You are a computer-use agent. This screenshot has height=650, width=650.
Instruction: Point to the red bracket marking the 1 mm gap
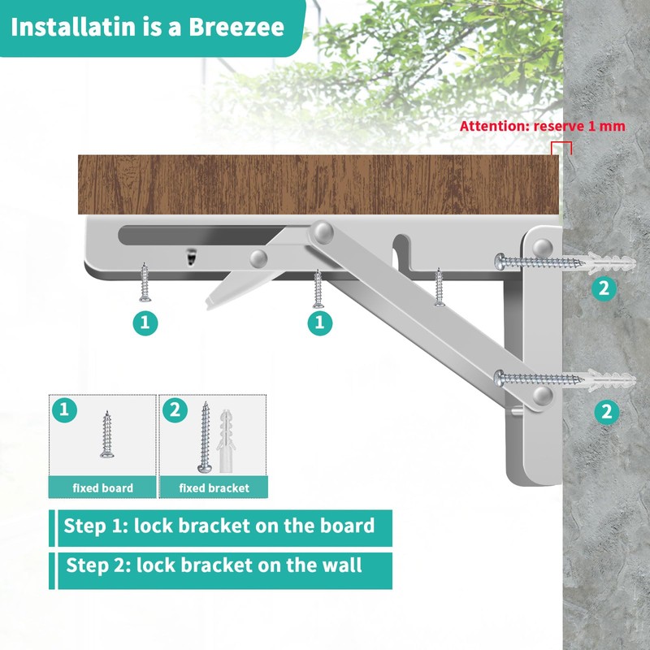(x=561, y=146)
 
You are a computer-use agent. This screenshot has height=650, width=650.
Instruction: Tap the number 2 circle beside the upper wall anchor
(x=603, y=288)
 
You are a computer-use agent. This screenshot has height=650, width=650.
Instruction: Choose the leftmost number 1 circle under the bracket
(x=145, y=323)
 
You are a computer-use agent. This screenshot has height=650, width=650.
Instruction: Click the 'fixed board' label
(x=102, y=488)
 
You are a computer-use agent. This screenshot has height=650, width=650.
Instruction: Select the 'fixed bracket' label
(x=214, y=488)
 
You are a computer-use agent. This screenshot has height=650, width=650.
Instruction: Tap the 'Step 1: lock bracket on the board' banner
(x=219, y=526)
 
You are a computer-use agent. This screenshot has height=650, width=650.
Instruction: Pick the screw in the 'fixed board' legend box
(x=107, y=435)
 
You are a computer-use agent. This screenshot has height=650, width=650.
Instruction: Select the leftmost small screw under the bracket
(x=145, y=280)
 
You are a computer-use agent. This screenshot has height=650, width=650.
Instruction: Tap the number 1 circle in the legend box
(x=65, y=409)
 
